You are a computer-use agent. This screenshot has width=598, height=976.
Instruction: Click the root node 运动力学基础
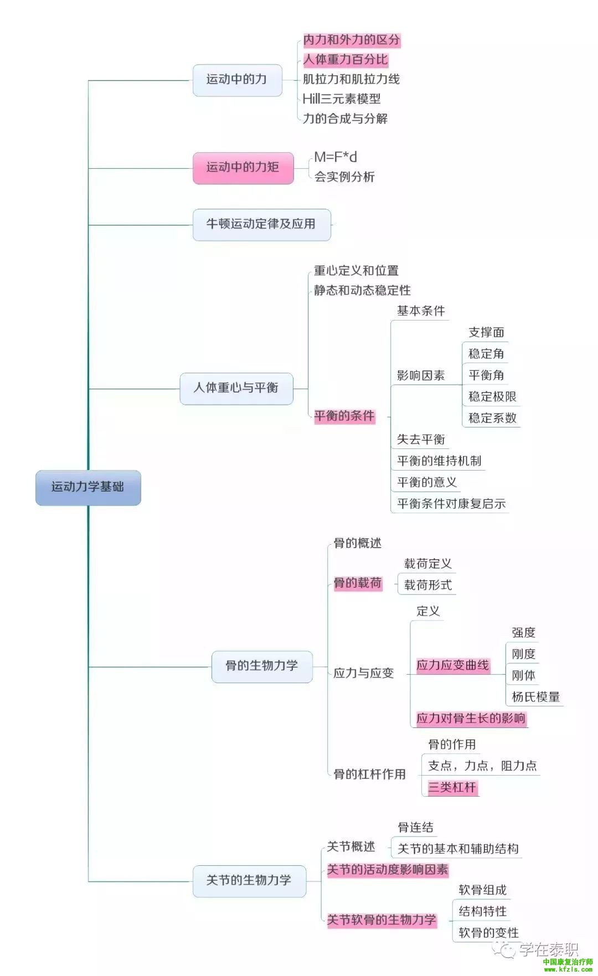click(x=88, y=487)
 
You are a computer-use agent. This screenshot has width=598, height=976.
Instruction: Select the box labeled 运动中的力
click(x=237, y=80)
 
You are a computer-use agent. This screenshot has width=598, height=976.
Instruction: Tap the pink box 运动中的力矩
click(x=243, y=168)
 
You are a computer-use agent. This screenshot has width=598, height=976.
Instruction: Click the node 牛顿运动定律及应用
click(x=261, y=224)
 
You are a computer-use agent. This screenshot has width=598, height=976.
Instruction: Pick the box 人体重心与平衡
click(x=236, y=388)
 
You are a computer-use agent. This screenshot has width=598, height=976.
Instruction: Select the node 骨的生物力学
click(x=262, y=666)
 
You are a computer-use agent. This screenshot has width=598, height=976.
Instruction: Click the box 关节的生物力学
click(x=249, y=880)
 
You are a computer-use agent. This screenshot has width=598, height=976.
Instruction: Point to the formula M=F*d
click(x=336, y=157)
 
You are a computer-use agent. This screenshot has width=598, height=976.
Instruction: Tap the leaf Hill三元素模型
click(x=342, y=99)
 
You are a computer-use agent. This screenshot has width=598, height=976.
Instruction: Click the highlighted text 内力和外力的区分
click(x=351, y=40)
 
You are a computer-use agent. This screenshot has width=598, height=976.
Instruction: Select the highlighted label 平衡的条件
click(x=344, y=416)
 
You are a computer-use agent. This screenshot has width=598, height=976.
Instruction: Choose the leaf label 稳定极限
click(x=492, y=396)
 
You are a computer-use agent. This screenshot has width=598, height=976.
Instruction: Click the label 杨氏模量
click(x=535, y=697)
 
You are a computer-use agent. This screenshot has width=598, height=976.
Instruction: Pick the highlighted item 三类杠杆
click(x=452, y=787)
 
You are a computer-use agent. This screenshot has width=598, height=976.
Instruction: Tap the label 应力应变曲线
click(x=453, y=665)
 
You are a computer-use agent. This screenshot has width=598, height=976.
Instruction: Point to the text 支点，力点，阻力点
click(x=482, y=766)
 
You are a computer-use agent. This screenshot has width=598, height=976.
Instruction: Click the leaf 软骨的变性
click(x=488, y=933)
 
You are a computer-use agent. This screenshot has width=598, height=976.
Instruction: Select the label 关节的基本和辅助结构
click(x=458, y=849)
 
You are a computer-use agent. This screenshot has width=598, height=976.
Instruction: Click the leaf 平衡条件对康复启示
click(x=451, y=504)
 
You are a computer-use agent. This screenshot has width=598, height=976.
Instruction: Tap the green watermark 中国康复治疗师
click(x=568, y=962)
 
